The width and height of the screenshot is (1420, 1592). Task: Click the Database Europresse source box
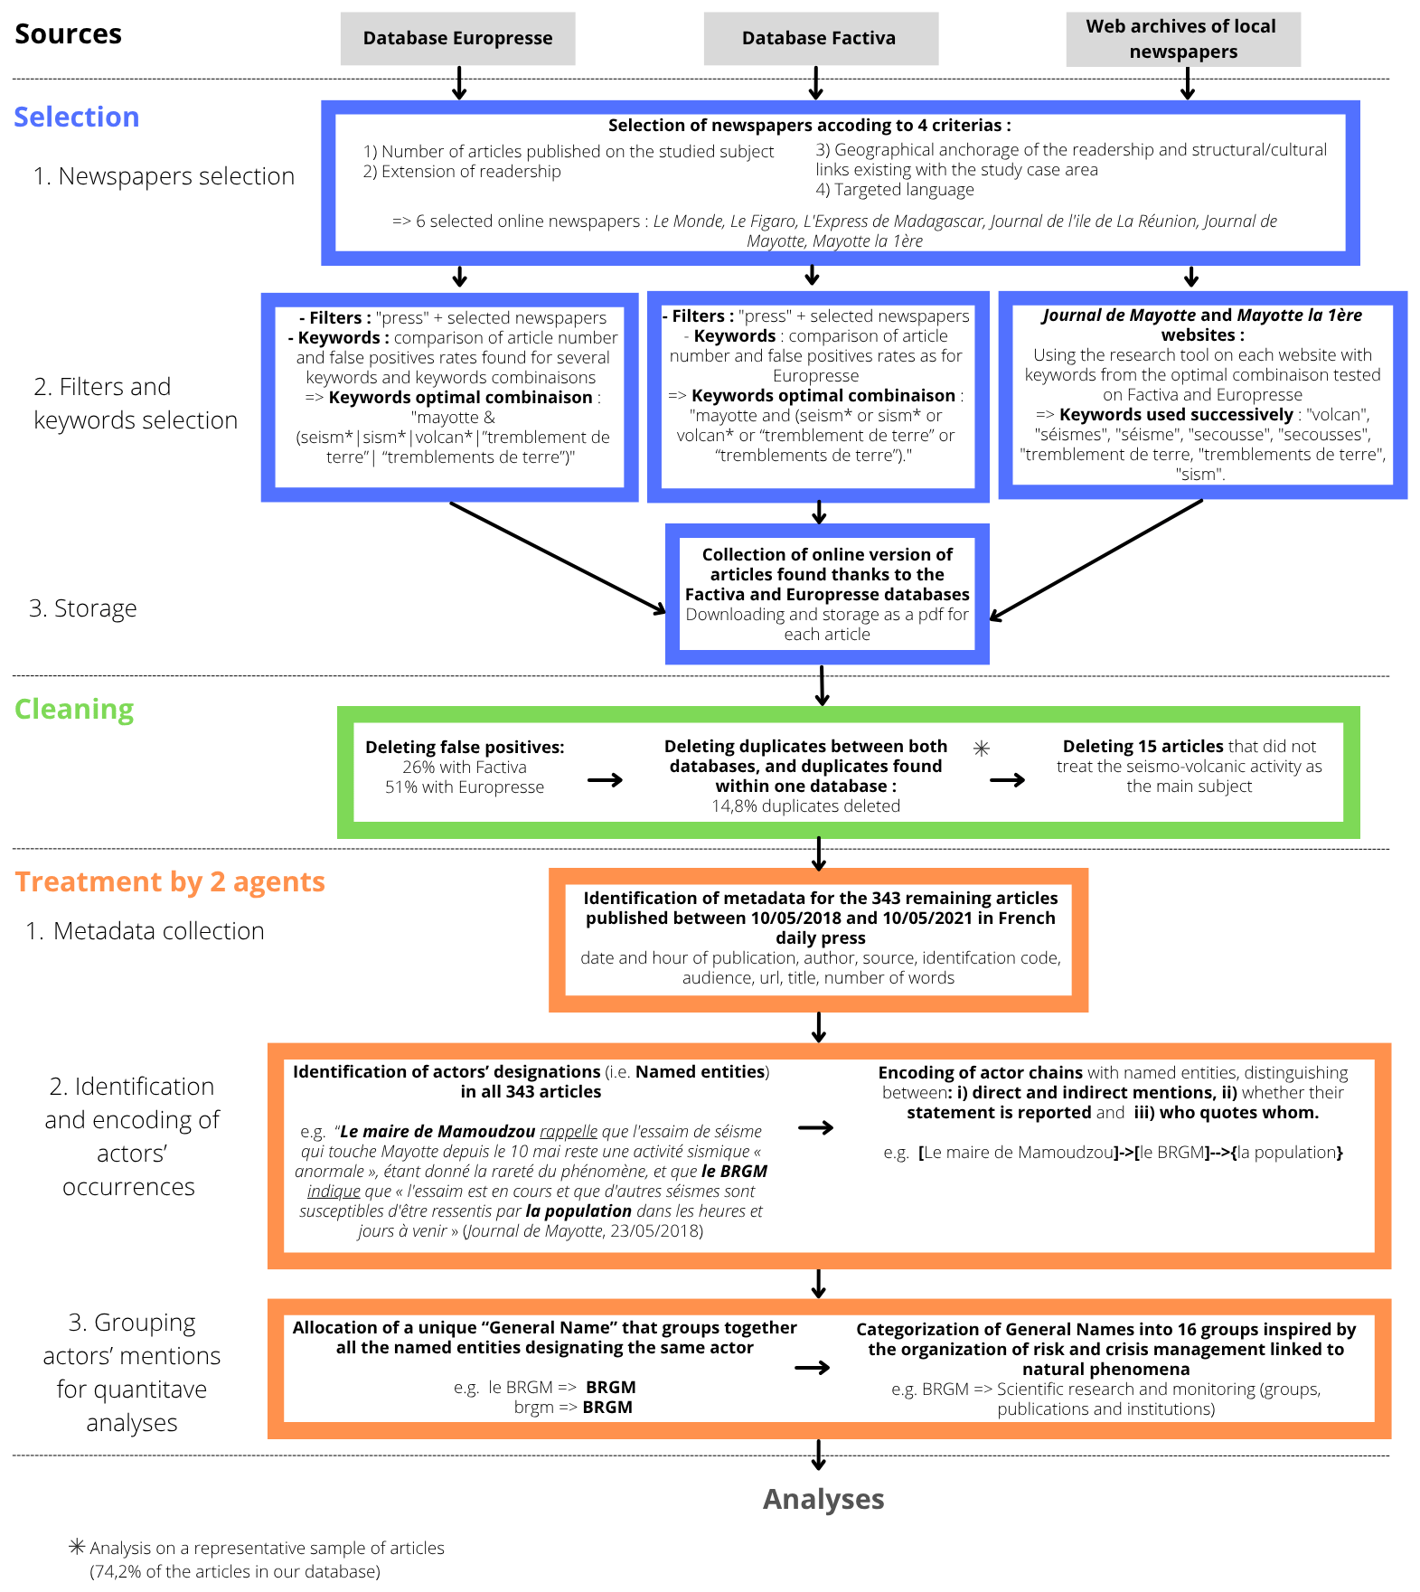pyautogui.click(x=457, y=39)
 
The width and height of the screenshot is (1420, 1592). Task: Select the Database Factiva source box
pyautogui.click(x=820, y=39)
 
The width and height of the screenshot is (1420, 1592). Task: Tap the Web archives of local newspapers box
pyautogui.click(x=1182, y=39)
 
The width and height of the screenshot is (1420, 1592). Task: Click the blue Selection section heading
pyautogui.click(x=77, y=118)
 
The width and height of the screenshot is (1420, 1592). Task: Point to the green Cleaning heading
pyautogui.click(x=74, y=710)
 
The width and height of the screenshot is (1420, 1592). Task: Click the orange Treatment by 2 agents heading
pyautogui.click(x=170, y=882)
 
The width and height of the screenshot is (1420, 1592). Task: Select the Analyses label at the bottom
pyautogui.click(x=823, y=1499)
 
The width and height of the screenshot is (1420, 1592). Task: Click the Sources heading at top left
pyautogui.click(x=69, y=34)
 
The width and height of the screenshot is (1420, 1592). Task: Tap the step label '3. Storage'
pyautogui.click(x=83, y=608)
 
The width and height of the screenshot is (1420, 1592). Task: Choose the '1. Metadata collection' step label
pyautogui.click(x=146, y=931)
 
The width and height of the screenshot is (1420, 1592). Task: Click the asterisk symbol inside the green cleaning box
pyautogui.click(x=982, y=749)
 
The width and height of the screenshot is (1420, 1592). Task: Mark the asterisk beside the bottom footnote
pyautogui.click(x=78, y=1547)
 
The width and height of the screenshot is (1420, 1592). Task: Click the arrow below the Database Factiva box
pyautogui.click(x=816, y=83)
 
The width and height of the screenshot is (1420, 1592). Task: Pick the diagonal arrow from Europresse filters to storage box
pyautogui.click(x=557, y=558)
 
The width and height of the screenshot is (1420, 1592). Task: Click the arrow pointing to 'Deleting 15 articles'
pyautogui.click(x=1008, y=780)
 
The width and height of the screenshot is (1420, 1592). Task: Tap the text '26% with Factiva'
pyautogui.click(x=465, y=768)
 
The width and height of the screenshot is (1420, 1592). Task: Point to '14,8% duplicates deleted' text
pyautogui.click(x=805, y=806)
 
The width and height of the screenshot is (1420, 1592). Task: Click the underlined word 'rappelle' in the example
pyautogui.click(x=569, y=1132)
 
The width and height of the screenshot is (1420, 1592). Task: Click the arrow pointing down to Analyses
pyautogui.click(x=818, y=1455)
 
